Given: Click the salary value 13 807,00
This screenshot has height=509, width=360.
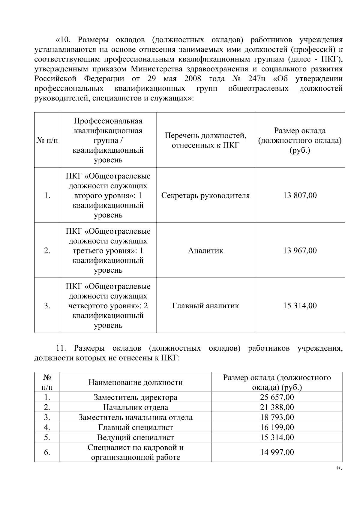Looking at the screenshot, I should (300, 196).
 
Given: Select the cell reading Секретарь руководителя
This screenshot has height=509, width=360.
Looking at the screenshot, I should (205, 196).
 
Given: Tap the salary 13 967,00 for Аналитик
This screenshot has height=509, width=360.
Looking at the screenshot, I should (300, 250).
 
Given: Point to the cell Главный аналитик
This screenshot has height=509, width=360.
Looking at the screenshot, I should (205, 306).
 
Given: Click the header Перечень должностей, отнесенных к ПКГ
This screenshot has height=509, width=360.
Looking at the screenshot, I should (205, 140).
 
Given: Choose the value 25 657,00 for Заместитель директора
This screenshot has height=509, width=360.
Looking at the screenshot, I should (277, 397).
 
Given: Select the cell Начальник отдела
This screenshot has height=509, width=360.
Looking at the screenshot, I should (136, 407).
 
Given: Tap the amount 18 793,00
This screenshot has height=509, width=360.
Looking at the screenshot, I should (277, 417).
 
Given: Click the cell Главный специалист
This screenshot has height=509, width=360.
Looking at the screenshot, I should (136, 427).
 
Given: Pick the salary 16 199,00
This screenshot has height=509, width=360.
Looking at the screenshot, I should (277, 427).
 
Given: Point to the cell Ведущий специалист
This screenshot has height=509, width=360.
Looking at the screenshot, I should (136, 437).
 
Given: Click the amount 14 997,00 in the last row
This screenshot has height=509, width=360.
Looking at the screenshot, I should (277, 452).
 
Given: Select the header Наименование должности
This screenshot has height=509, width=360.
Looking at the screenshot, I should (136, 382).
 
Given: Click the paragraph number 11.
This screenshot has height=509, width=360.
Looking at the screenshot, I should (61, 348).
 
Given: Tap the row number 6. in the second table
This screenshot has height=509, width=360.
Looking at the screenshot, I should (47, 452).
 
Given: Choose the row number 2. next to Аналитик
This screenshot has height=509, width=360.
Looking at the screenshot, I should (47, 250).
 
